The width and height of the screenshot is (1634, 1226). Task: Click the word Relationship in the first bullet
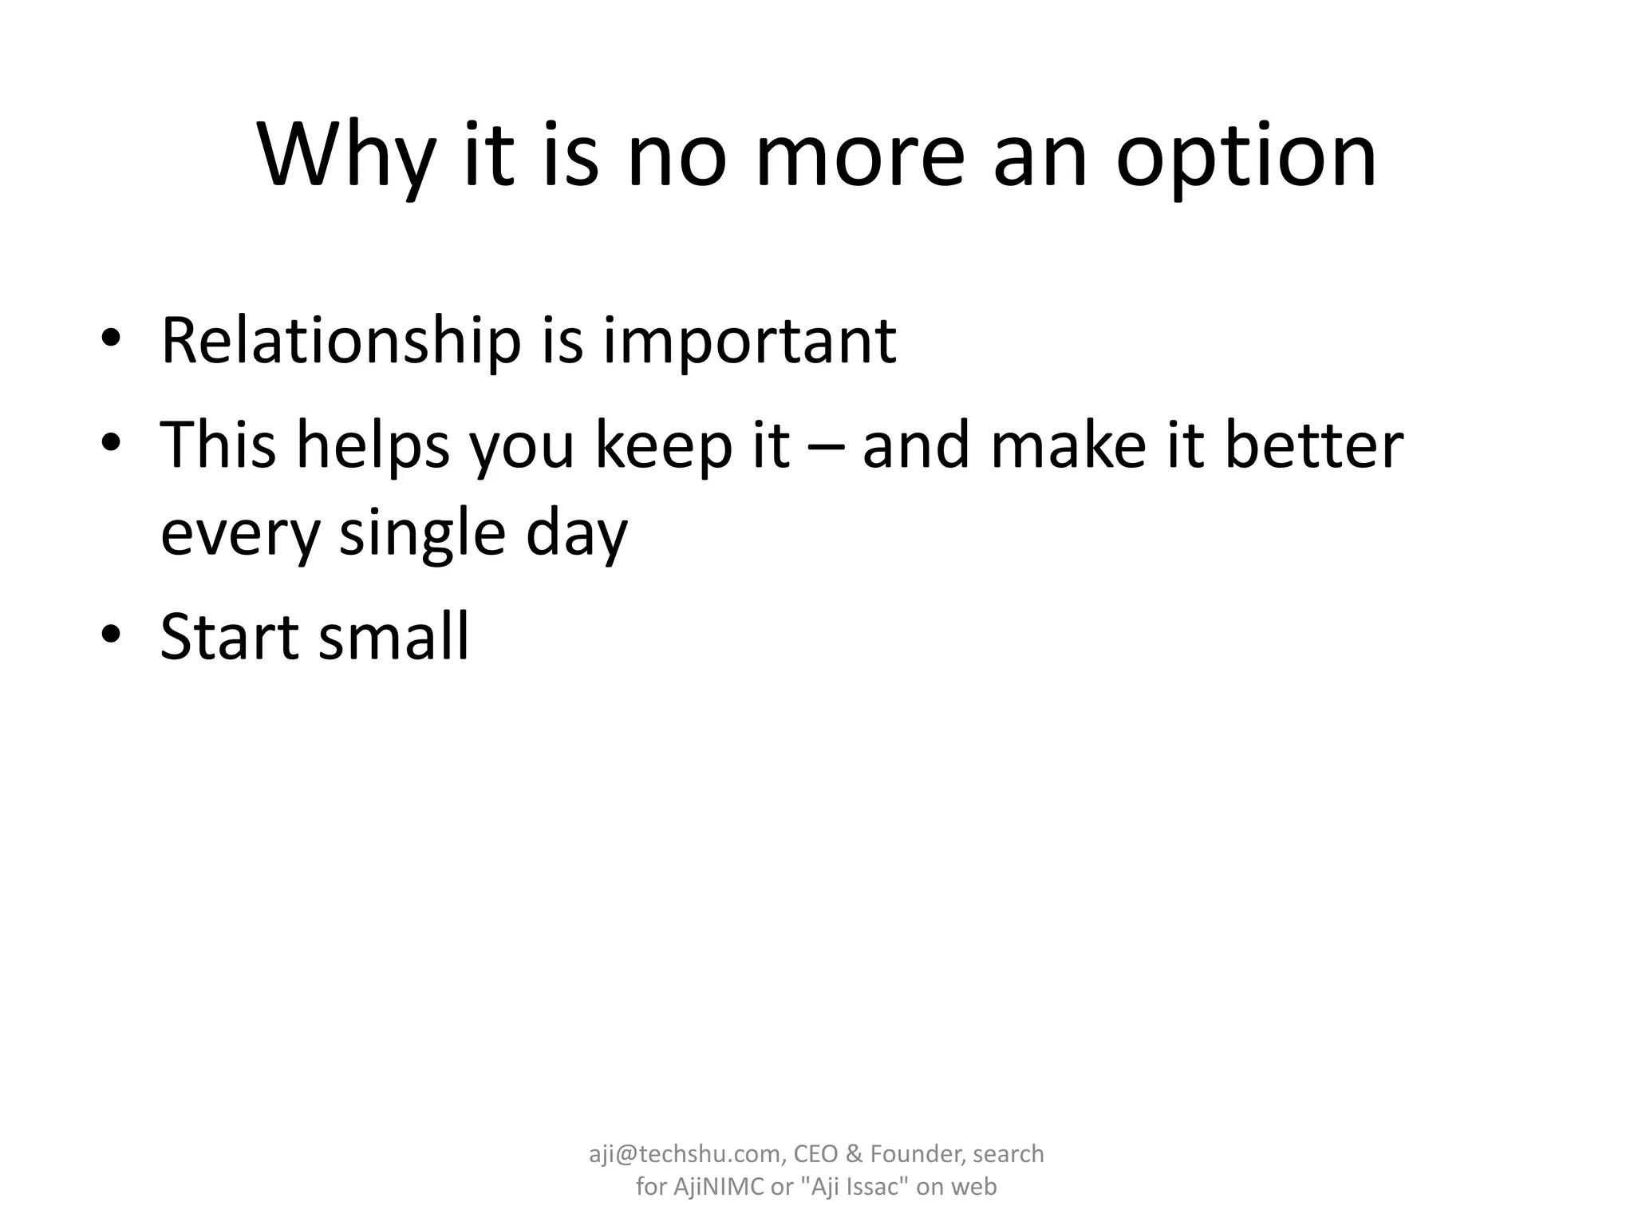(341, 341)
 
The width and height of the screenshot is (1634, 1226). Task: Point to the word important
(749, 341)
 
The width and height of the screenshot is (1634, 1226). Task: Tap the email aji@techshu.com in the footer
(686, 1153)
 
